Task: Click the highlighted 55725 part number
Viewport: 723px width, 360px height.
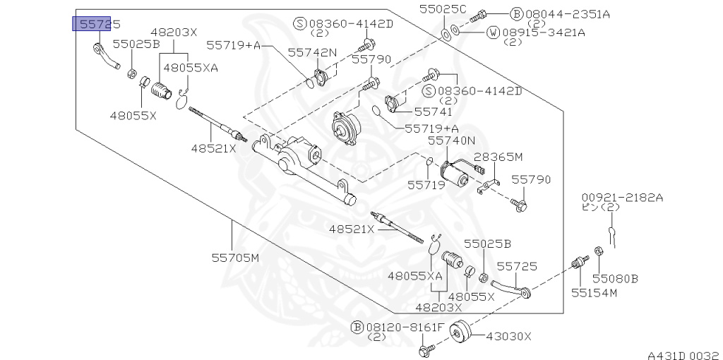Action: pyautogui.click(x=96, y=24)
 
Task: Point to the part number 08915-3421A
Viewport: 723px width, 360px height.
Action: pyautogui.click(x=544, y=32)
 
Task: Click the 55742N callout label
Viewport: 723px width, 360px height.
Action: pyautogui.click(x=312, y=52)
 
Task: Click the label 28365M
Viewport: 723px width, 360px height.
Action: pyautogui.click(x=499, y=157)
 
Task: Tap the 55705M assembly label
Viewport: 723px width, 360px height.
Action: pyautogui.click(x=235, y=258)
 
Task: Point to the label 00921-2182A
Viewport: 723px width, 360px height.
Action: pyautogui.click(x=622, y=198)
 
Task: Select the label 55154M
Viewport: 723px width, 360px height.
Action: pyautogui.click(x=594, y=293)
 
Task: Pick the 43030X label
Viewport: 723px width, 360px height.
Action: pyautogui.click(x=508, y=337)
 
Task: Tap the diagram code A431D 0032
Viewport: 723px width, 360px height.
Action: pyautogui.click(x=684, y=355)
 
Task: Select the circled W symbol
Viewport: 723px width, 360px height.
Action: pyautogui.click(x=494, y=32)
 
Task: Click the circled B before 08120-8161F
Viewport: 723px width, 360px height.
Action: pyautogui.click(x=357, y=328)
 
